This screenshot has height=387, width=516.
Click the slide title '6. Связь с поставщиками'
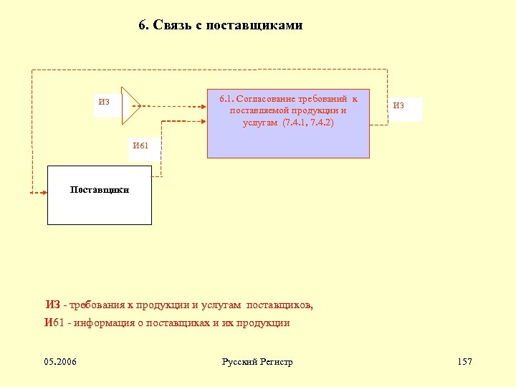point(221,26)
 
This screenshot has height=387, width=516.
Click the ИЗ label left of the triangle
point(105,102)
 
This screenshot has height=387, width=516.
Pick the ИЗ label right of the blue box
point(398,107)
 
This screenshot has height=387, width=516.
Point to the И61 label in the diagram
point(141,146)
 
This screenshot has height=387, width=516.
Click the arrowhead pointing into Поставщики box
point(34,192)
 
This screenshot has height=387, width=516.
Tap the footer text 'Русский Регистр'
point(257,362)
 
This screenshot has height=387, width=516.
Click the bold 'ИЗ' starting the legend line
point(52,306)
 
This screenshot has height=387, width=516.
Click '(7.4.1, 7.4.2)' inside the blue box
point(308,123)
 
